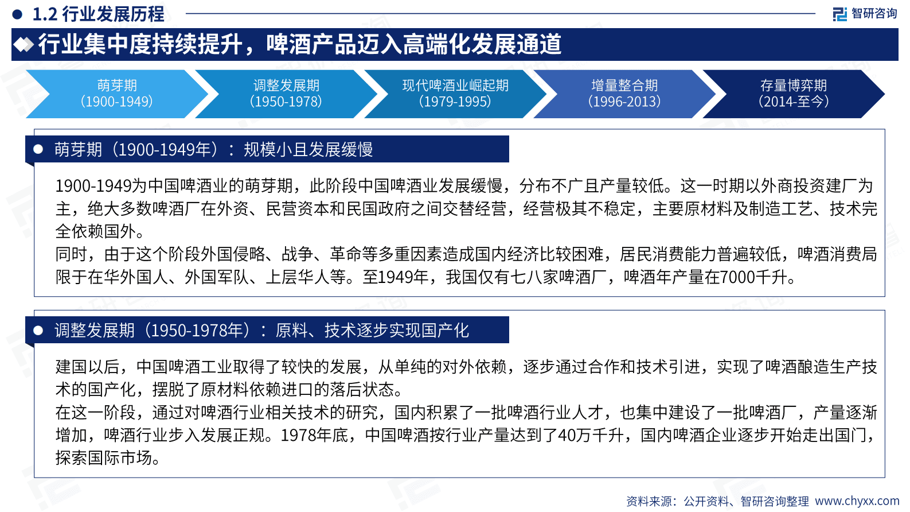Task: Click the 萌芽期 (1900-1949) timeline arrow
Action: click(117, 94)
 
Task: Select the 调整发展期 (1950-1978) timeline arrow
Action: click(286, 94)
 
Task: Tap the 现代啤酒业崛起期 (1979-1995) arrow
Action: click(455, 94)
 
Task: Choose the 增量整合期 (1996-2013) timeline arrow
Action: click(624, 94)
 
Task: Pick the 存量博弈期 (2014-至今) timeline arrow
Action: click(794, 94)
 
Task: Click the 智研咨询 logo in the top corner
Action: click(865, 13)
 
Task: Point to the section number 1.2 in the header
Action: click(45, 14)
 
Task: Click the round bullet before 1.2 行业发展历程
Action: click(18, 14)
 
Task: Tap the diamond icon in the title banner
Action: click(24, 44)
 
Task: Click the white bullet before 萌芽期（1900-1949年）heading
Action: click(38, 149)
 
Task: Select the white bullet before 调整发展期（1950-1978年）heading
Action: click(38, 330)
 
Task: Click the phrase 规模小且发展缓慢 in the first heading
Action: click(308, 150)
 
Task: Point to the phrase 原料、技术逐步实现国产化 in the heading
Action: click(372, 331)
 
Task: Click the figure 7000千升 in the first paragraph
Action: click(753, 277)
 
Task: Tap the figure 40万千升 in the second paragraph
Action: click(590, 435)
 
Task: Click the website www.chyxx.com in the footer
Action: click(857, 501)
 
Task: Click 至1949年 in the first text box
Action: click(395, 277)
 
